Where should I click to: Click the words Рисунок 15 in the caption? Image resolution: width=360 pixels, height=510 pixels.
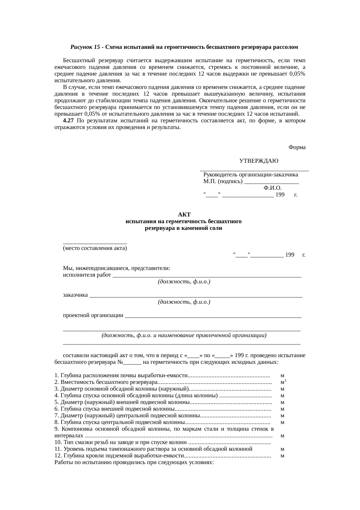coord(85,47)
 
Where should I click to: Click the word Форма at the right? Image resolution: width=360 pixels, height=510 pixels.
coord(297,147)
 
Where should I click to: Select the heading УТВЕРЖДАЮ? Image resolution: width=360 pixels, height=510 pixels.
coord(259,161)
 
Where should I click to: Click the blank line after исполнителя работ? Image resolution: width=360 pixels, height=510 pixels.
coord(207,276)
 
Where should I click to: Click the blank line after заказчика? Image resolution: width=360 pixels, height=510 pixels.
coord(196,296)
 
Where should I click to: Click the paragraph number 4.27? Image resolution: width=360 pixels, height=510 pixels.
coord(68,121)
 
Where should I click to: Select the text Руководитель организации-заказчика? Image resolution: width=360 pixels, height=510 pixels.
coord(251,175)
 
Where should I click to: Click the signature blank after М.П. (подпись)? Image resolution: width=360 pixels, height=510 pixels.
coord(271,182)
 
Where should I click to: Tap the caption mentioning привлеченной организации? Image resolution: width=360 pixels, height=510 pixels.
coord(184,335)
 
